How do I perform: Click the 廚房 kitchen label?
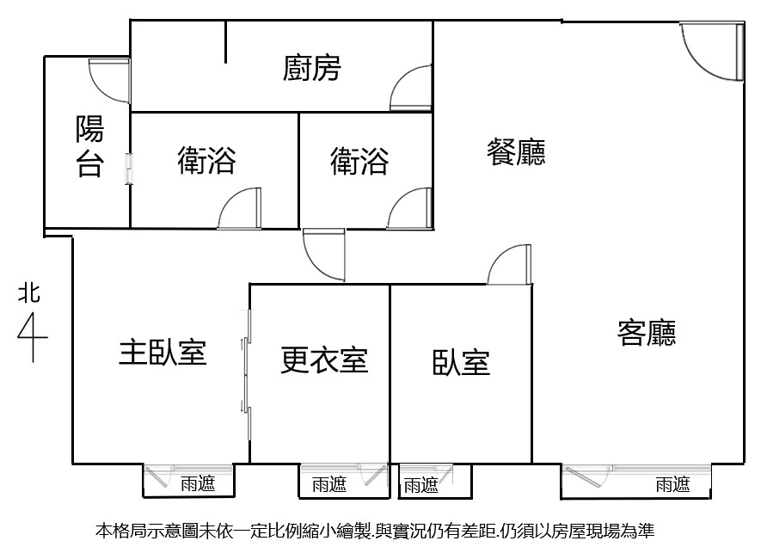pyautogui.click(x=311, y=68)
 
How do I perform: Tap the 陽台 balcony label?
pyautogui.click(x=89, y=145)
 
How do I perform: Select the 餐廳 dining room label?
pyautogui.click(x=516, y=152)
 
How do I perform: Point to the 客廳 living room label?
pyautogui.click(x=647, y=333)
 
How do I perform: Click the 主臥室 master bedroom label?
pyautogui.click(x=163, y=352)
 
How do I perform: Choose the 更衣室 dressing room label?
pyautogui.click(x=324, y=360)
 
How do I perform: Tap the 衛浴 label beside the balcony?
pyautogui.click(x=206, y=161)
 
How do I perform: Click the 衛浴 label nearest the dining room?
pyautogui.click(x=359, y=161)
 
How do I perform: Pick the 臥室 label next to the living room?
pyautogui.click(x=461, y=363)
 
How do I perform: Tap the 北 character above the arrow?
pyautogui.click(x=29, y=293)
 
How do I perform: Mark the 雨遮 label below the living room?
pyautogui.click(x=672, y=484)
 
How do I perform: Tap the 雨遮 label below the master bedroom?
pyautogui.click(x=198, y=483)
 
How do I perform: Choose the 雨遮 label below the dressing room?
pyautogui.click(x=329, y=484)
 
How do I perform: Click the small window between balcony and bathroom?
pyautogui.click(x=129, y=169)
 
